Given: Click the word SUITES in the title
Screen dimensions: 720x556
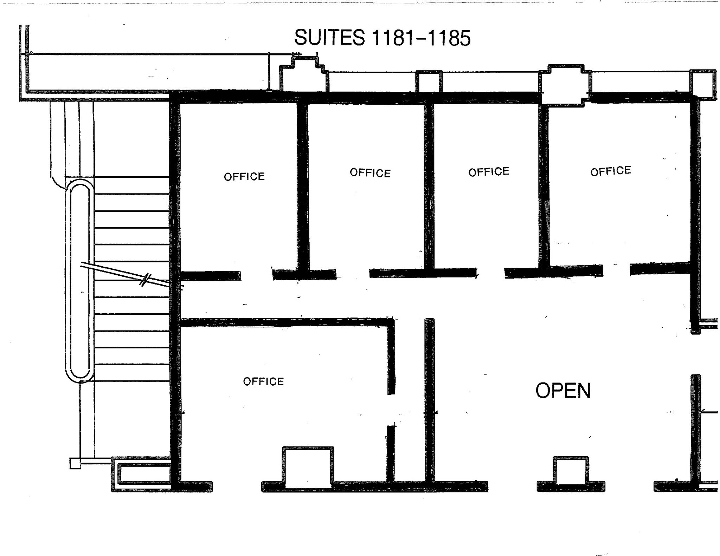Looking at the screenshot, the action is tap(329, 38).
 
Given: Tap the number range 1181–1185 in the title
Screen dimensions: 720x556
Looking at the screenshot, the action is tap(421, 38).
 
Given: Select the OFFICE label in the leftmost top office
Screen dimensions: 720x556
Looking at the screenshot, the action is tap(244, 176).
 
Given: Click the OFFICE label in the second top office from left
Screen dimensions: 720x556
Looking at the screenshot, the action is tap(370, 173).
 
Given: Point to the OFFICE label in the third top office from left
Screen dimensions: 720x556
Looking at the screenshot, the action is tap(489, 172).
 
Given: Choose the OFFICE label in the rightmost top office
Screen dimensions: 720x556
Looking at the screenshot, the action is tap(611, 171).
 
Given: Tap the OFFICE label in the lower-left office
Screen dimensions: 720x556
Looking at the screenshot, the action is tap(263, 381).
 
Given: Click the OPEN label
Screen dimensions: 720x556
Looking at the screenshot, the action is tap(563, 391).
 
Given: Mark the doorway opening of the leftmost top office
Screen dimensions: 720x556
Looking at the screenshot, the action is tap(257, 275).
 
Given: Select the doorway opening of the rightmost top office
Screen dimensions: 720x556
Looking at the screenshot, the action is tap(616, 270).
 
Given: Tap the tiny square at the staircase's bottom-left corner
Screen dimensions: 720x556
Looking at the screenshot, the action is tap(75, 463).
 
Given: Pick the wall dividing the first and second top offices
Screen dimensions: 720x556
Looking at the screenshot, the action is tap(303, 186).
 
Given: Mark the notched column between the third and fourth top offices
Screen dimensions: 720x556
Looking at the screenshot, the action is tap(565, 85).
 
